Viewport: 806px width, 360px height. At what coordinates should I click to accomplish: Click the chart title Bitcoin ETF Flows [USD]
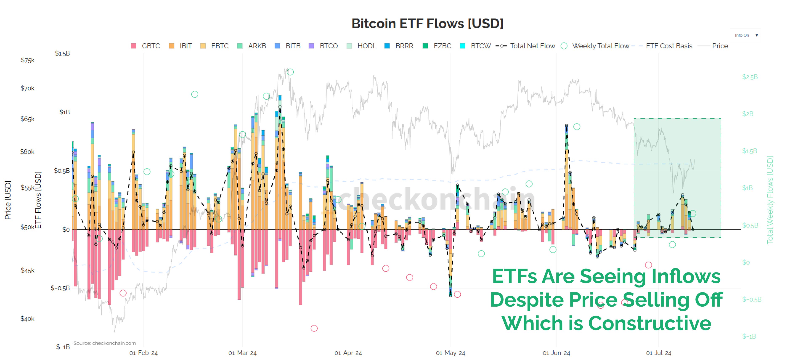(427, 24)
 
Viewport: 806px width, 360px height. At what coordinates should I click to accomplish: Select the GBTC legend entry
(146, 46)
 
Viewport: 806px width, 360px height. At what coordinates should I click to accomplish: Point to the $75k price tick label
(28, 60)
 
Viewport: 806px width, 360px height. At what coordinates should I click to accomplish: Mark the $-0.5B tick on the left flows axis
(60, 288)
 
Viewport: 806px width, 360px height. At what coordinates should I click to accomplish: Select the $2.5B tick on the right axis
(750, 77)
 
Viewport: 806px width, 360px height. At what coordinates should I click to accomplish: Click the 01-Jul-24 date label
(658, 353)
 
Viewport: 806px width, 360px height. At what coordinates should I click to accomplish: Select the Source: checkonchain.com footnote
(105, 343)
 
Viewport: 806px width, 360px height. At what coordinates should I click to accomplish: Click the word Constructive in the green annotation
(650, 323)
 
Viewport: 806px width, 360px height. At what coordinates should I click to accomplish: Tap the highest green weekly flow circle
(290, 72)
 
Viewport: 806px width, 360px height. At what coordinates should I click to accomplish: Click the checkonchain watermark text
(435, 199)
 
